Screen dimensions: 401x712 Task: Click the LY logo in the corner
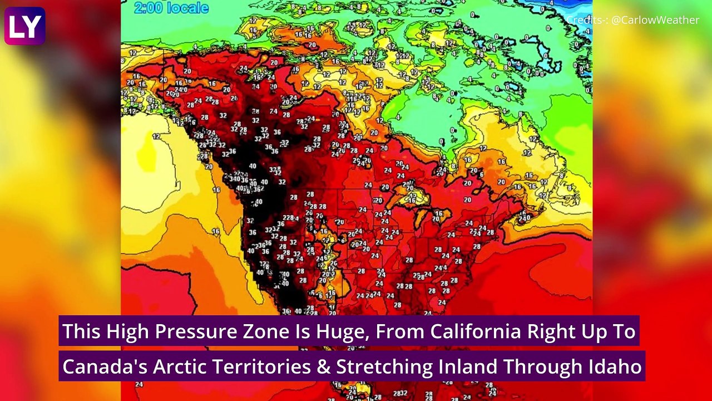(24, 26)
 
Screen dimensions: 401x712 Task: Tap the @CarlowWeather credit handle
(655, 20)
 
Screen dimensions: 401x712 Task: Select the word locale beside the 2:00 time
(189, 8)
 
